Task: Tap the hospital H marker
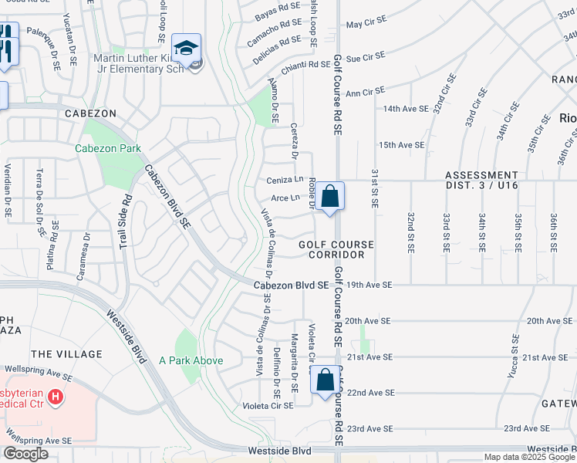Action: [x=55, y=397]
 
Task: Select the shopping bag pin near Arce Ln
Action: [x=329, y=197]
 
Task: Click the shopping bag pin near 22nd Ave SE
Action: [x=325, y=380]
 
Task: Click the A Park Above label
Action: [x=191, y=360]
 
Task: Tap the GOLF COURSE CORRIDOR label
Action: [x=336, y=249]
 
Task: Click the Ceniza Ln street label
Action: [x=285, y=180]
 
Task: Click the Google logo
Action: [x=25, y=453]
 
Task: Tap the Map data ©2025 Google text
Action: [x=528, y=457]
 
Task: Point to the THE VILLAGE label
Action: [x=66, y=353]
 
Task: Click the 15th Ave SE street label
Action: [x=401, y=144]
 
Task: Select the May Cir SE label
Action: [x=365, y=25]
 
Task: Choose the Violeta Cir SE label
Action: [x=268, y=405]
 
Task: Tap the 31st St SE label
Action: [x=374, y=189]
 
